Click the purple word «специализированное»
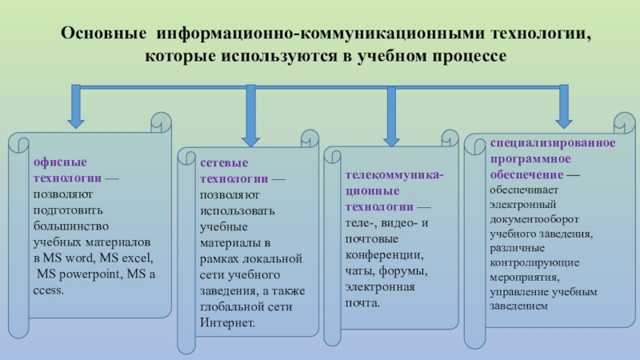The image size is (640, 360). (553, 142)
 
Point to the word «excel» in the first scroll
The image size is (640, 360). (136, 259)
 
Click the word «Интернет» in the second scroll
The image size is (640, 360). (227, 323)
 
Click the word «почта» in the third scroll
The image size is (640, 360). (362, 303)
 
